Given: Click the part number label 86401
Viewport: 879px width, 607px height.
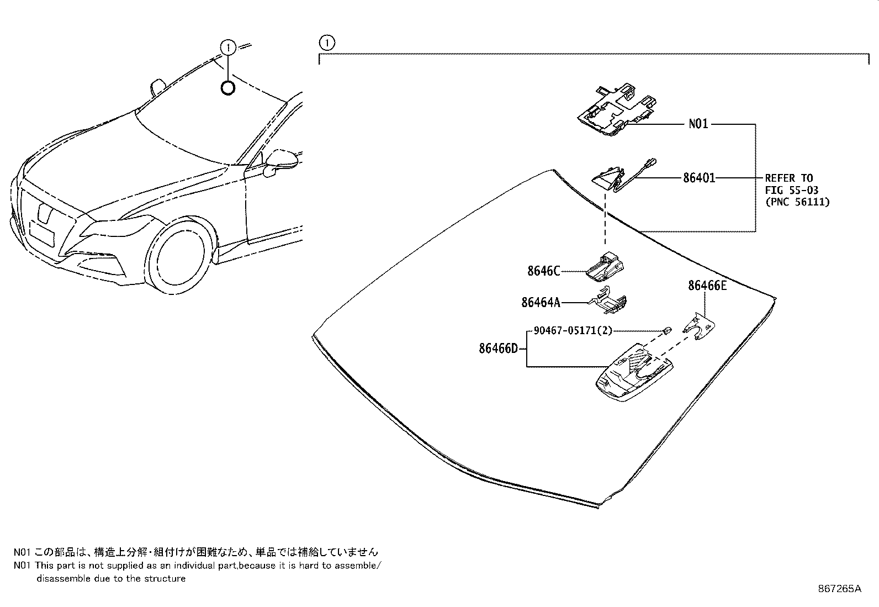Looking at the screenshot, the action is pos(699,178).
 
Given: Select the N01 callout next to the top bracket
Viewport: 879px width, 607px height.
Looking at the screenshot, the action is pos(698,124).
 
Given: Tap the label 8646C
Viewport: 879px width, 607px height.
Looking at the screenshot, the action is pos(543,271).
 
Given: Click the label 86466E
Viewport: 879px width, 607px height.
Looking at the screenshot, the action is pos(707,286).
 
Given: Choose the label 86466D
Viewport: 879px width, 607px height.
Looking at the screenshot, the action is pos(499,349).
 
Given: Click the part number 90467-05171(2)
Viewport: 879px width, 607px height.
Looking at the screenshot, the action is pos(573,330).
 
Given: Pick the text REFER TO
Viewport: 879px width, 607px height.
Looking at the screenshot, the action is pos(788,178).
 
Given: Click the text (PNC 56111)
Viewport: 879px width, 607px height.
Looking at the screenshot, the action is pos(797,202).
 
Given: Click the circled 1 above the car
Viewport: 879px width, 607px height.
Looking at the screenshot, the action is pos(228,48).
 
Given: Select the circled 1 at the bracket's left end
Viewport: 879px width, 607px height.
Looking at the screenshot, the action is pos(326,43).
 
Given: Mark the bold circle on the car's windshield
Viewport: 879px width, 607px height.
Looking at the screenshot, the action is pos(227,87).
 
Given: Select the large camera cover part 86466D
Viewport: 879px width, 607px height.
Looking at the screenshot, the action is pos(634,373).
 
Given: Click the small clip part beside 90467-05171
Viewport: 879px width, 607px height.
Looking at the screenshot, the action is pos(667,330).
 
